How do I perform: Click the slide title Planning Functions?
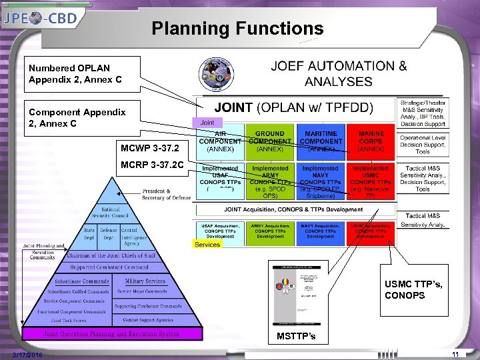point(237,29)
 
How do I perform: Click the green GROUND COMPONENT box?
point(270,141)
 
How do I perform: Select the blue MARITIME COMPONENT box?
point(320,141)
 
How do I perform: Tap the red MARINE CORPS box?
point(371,141)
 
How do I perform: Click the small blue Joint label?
point(207,123)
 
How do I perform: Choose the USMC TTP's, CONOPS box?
point(415,290)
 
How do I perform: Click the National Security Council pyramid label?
point(110,212)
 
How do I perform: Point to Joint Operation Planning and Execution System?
point(111,333)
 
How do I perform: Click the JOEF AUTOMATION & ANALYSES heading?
point(339,74)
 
